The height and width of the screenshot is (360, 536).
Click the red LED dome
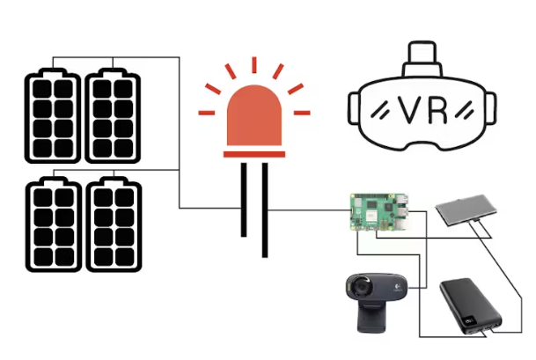coord(254,119)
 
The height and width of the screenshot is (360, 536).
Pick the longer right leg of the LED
coord(263,211)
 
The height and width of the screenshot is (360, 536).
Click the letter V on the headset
coord(411,109)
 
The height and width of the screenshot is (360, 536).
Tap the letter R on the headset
coord(437,109)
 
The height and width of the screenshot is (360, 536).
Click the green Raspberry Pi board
coord(377,211)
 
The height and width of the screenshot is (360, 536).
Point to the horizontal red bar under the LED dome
coord(254,153)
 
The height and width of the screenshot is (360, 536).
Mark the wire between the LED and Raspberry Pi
coord(308,210)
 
